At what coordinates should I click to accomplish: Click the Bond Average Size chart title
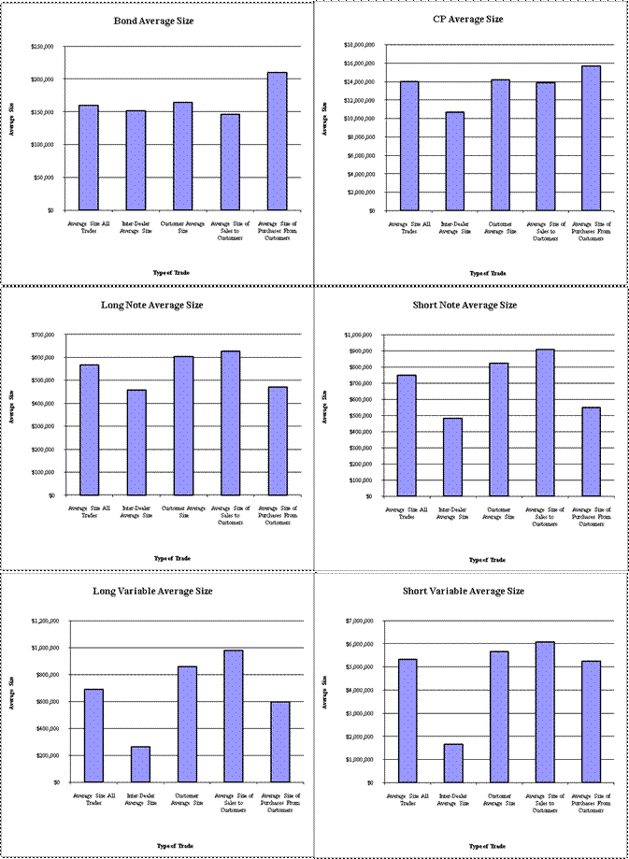153,20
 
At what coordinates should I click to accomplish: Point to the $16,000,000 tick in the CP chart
359,64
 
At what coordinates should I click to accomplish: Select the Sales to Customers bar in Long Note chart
229,422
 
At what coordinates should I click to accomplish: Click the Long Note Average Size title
151,305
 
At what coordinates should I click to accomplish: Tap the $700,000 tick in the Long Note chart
43,335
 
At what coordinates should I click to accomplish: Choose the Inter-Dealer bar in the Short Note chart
453,456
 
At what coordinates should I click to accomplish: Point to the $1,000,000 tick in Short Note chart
360,335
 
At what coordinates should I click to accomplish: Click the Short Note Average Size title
465,305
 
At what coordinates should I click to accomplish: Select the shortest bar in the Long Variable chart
140,764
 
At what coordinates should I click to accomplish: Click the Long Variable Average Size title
152,591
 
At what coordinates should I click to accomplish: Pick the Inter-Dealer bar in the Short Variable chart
453,763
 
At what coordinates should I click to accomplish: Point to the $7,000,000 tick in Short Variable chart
360,621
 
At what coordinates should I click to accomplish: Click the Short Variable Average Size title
464,591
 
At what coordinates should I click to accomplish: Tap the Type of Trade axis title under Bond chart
171,272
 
